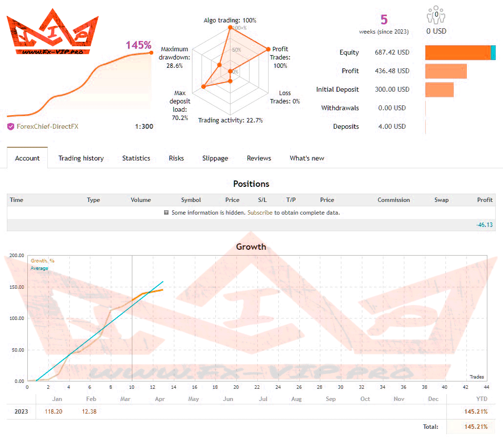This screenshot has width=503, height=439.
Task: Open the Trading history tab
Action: (x=81, y=158)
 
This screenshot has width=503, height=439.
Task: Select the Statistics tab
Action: (x=136, y=158)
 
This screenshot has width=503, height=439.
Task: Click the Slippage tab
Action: (x=215, y=158)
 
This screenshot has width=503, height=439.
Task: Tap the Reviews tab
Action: (x=259, y=158)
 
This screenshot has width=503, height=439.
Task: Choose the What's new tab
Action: (x=307, y=158)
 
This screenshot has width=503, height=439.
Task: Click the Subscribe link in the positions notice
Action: (x=260, y=213)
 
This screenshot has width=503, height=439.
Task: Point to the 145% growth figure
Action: (x=139, y=45)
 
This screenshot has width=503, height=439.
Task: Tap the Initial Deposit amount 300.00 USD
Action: (x=392, y=89)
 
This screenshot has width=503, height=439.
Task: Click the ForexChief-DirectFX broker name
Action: (x=47, y=126)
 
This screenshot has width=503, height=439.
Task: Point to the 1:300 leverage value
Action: (x=144, y=126)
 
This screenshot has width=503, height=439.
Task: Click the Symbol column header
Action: (x=191, y=200)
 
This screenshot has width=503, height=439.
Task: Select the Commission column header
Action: (x=394, y=200)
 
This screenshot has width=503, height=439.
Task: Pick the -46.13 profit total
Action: (x=484, y=225)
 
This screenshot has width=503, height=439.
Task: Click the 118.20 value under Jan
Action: (x=53, y=411)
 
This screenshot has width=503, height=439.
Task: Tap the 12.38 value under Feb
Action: (x=90, y=411)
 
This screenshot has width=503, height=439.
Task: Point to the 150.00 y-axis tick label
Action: (x=16, y=287)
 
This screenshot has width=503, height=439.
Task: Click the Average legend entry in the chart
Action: (x=40, y=268)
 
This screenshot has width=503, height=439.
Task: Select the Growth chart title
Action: (x=251, y=246)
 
